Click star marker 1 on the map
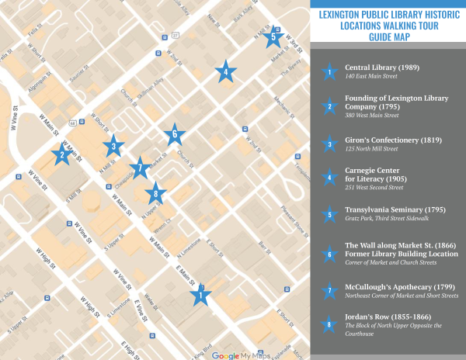[200, 295]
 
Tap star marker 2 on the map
[59, 154]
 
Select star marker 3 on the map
[113, 144]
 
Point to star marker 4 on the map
[225, 73]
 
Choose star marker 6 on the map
[175, 133]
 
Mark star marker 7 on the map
[140, 167]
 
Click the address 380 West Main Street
[371, 116]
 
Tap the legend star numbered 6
[329, 254]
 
